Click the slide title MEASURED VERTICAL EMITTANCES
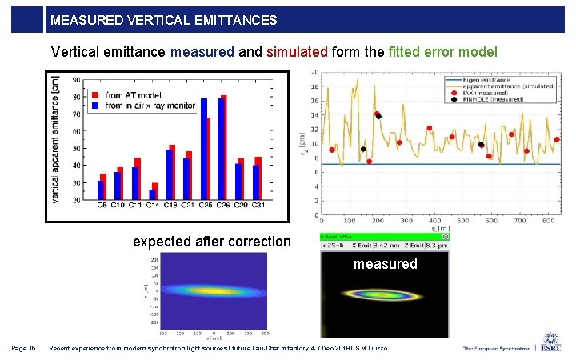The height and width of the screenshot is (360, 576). [x=163, y=20]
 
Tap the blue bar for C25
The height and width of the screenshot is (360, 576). [x=204, y=148]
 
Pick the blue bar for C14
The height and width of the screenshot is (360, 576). [x=152, y=194]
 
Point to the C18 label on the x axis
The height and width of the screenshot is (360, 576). [x=170, y=206]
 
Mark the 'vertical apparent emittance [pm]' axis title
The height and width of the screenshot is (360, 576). [x=55, y=140]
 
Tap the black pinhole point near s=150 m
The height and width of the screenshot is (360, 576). [x=363, y=149]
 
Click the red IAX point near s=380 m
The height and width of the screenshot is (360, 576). [x=430, y=128]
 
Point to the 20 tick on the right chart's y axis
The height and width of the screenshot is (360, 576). [x=315, y=73]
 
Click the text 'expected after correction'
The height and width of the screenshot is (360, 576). [x=212, y=242]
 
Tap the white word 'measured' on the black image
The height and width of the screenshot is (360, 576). [x=385, y=263]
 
